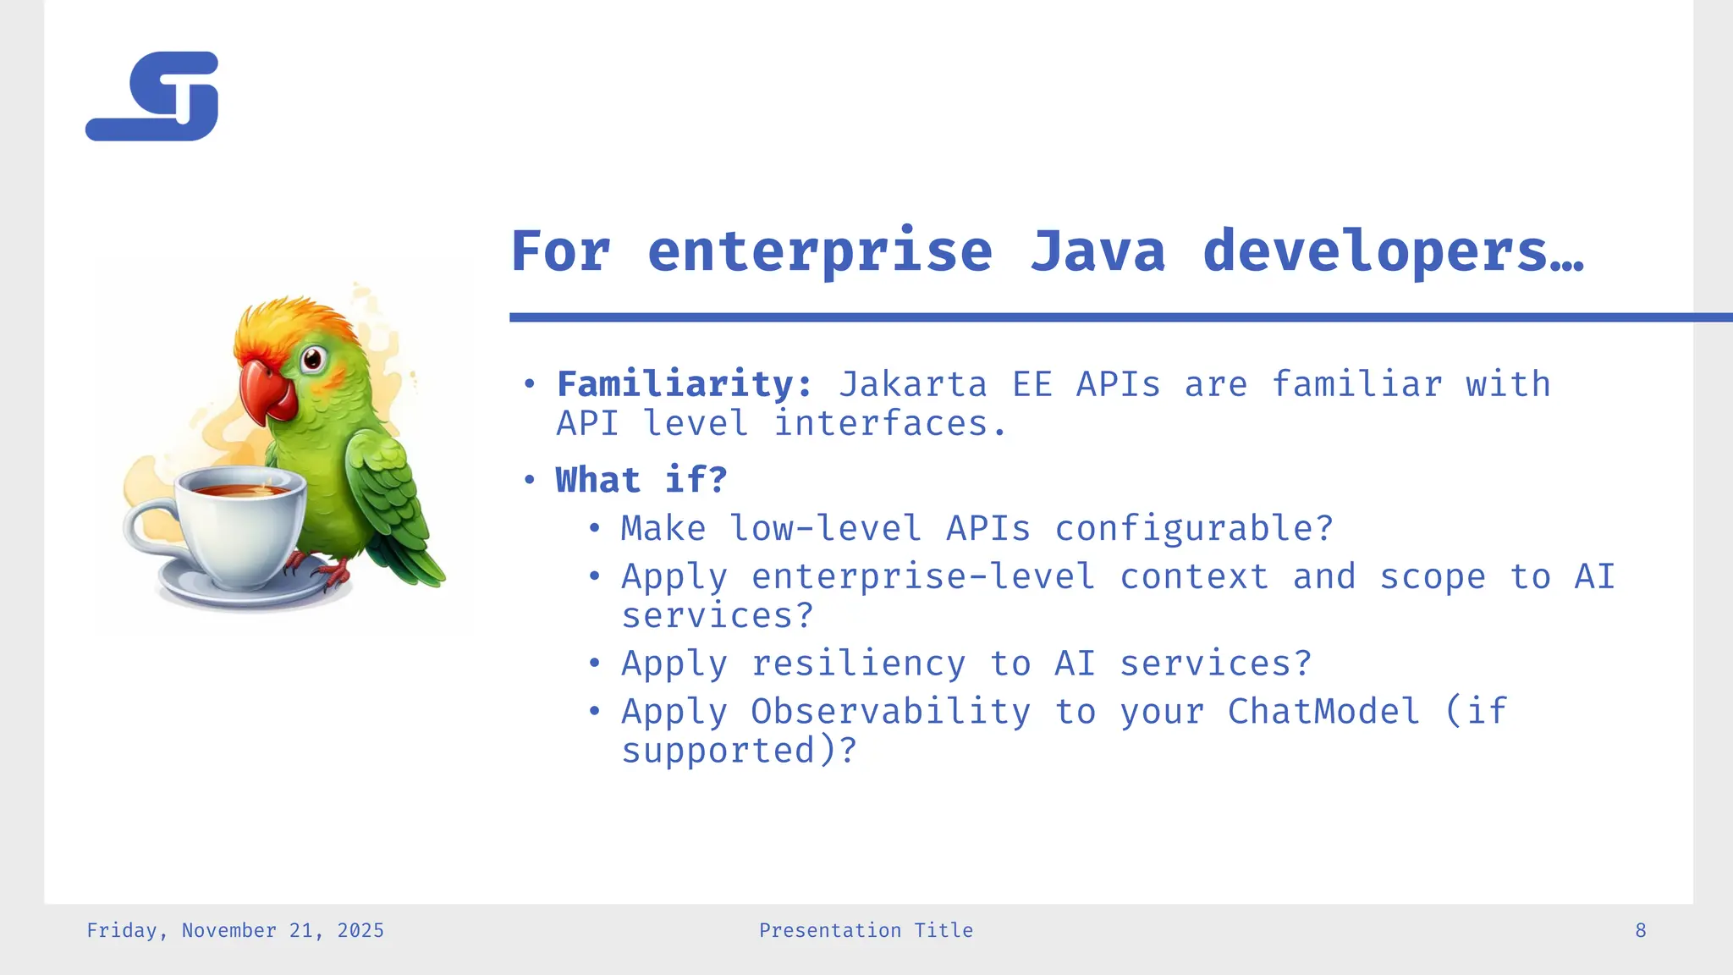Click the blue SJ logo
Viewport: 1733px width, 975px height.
coord(152,96)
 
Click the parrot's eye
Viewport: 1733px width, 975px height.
coord(312,359)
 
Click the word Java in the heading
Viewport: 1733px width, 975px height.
coord(1098,251)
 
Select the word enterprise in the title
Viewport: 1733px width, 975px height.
coord(819,251)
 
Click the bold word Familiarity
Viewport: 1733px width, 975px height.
coord(684,384)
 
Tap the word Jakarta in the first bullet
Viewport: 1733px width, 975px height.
coord(912,384)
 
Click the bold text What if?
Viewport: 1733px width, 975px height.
coord(641,480)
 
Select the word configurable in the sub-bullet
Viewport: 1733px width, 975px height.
coord(1193,529)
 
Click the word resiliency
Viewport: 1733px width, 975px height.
coord(858,663)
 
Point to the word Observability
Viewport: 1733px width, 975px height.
coord(890,711)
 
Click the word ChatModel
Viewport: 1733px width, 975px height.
coord(1323,711)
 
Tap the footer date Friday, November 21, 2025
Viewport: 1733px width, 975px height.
coord(235,931)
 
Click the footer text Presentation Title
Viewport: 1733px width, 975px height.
coord(866,931)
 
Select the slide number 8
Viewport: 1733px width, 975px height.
coord(1640,931)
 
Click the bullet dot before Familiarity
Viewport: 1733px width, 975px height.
coord(530,385)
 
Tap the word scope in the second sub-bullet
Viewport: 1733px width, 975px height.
coord(1432,577)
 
